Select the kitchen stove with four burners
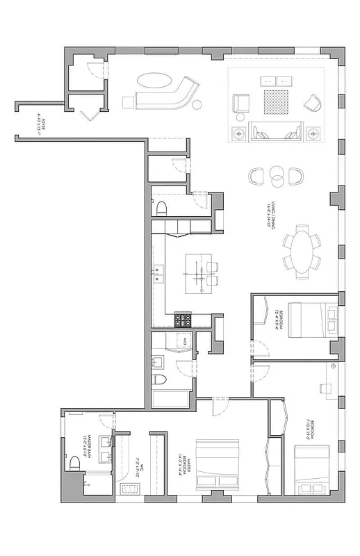click(x=183, y=320)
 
